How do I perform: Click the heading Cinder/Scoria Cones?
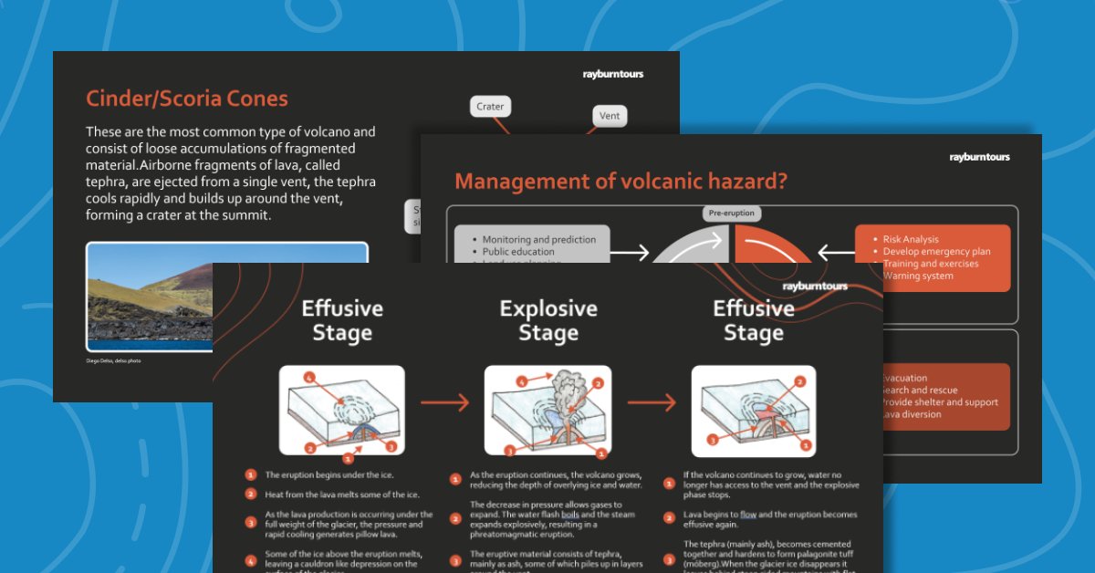pyautogui.click(x=187, y=99)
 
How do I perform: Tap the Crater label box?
pyautogui.click(x=490, y=107)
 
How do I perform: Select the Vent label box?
pyautogui.click(x=609, y=116)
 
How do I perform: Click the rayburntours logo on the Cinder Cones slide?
pyautogui.click(x=612, y=74)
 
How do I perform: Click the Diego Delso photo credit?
pyautogui.click(x=114, y=360)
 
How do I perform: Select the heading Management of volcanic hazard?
pyautogui.click(x=620, y=182)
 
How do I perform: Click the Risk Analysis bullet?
pyautogui.click(x=911, y=239)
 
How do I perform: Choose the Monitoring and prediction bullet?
pyautogui.click(x=539, y=239)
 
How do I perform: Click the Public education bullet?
pyautogui.click(x=518, y=252)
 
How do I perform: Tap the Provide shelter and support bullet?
pyautogui.click(x=940, y=402)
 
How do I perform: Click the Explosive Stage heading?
pyautogui.click(x=548, y=320)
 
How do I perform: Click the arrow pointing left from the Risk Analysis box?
pyautogui.click(x=835, y=252)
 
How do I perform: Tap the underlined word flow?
pyautogui.click(x=748, y=514)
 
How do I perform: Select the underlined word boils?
pyautogui.click(x=570, y=515)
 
